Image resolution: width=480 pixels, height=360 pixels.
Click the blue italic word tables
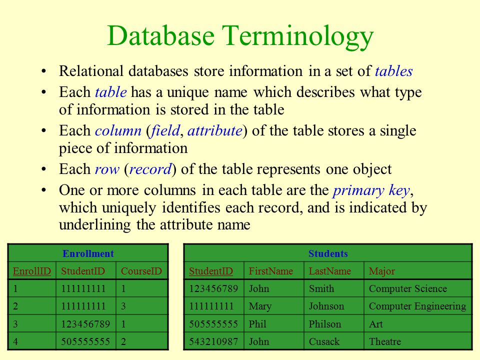click(x=393, y=71)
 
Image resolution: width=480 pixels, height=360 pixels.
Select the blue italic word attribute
click(x=214, y=130)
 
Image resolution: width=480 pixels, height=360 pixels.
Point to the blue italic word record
click(x=150, y=169)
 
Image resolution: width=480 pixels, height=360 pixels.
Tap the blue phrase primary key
click(x=371, y=191)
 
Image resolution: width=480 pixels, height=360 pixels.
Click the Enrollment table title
click(x=88, y=253)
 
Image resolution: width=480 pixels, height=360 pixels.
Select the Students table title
click(x=328, y=253)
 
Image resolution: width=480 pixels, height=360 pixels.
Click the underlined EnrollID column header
click(x=32, y=271)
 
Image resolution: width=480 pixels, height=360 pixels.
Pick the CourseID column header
click(x=141, y=271)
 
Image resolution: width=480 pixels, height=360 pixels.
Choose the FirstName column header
click(x=271, y=271)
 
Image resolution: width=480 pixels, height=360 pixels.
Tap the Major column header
click(x=382, y=271)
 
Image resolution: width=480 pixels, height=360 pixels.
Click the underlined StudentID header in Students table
click(x=211, y=271)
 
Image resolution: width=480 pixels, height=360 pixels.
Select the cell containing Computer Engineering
click(x=417, y=306)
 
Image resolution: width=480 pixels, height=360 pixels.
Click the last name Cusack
click(x=324, y=341)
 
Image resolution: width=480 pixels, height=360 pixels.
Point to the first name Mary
click(x=260, y=306)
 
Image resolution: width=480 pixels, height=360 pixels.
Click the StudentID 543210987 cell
click(x=213, y=341)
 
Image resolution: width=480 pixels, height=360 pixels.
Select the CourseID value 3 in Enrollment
click(x=123, y=306)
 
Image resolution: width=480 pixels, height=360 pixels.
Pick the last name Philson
click(x=325, y=324)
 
